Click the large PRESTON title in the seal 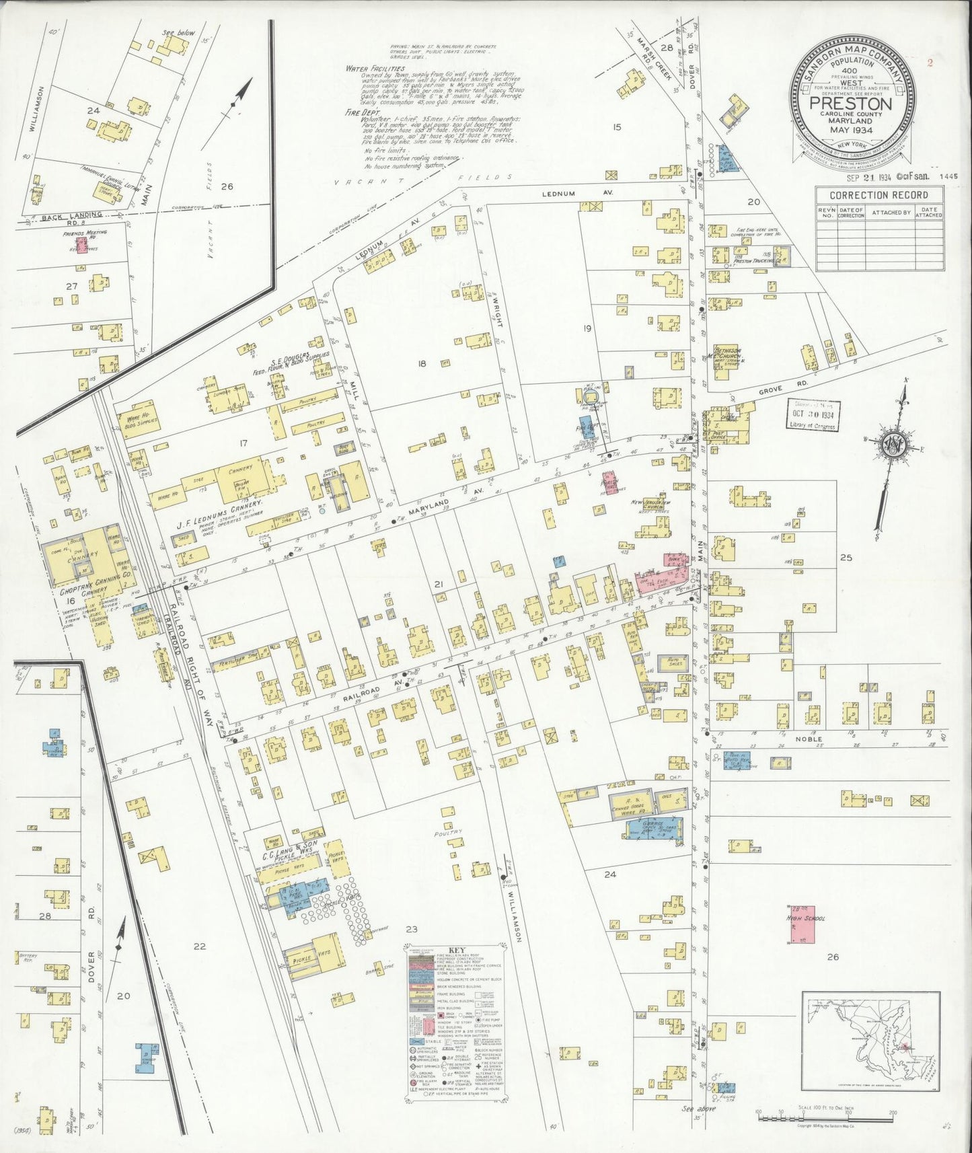click(x=851, y=104)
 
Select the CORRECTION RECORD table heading click(x=878, y=195)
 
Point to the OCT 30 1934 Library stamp click(x=813, y=414)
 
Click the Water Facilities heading click(x=374, y=69)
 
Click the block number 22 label click(x=199, y=946)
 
